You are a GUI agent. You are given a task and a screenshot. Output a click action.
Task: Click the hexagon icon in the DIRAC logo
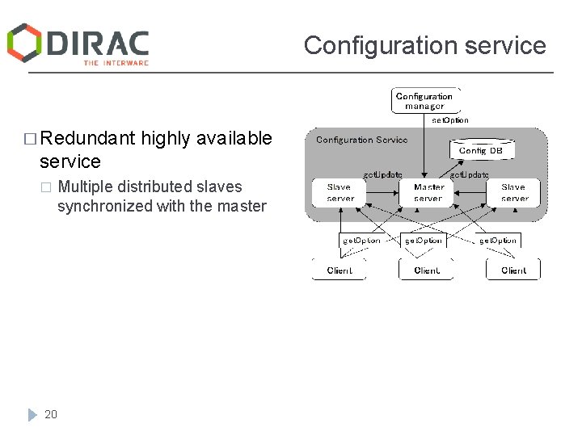pos(24,43)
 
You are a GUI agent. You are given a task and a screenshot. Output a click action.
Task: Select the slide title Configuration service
pos(424,45)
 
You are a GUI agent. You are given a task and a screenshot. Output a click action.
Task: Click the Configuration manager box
pos(425,101)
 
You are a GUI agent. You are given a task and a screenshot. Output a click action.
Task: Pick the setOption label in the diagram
pos(449,120)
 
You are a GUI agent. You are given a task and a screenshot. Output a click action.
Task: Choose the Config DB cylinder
pos(481,150)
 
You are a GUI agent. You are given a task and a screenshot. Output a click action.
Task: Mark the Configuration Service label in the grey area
pos(361,140)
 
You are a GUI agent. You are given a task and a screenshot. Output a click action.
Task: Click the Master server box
pos(428,193)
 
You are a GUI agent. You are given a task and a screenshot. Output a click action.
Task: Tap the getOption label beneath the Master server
pos(424,241)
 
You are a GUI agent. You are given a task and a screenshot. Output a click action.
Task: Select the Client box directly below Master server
pos(426,270)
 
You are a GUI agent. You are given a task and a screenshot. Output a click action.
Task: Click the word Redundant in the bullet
pos(87,139)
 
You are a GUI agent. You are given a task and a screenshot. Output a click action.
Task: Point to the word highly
pos(165,139)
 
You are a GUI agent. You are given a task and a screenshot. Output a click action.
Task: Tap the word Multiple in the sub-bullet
pos(86,187)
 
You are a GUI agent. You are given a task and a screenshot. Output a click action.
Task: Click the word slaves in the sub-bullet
pos(220,187)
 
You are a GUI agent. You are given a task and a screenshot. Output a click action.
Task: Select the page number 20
pos(51,414)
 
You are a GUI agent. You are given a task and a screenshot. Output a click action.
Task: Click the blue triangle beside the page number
pos(32,414)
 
